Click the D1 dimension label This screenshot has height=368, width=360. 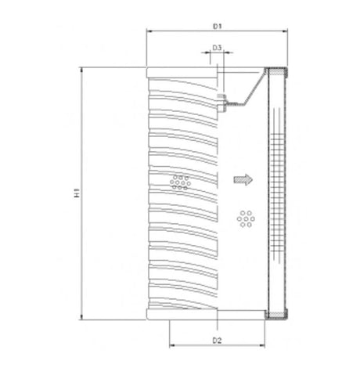click(x=217, y=27)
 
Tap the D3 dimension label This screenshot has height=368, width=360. click(x=218, y=49)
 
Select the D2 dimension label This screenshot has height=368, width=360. click(x=218, y=340)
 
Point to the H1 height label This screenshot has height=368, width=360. click(x=76, y=193)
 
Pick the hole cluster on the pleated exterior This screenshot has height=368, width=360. click(x=179, y=182)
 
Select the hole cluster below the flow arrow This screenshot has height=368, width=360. click(x=246, y=218)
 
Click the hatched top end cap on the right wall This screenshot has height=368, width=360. click(x=278, y=72)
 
